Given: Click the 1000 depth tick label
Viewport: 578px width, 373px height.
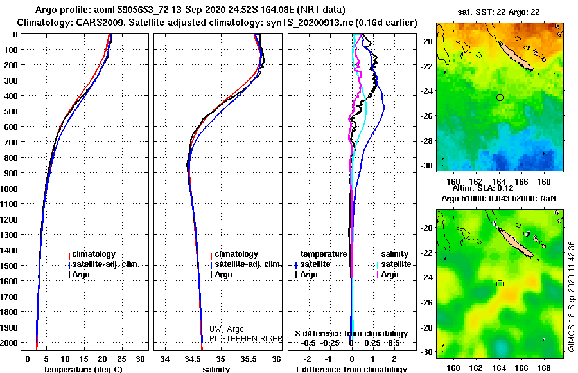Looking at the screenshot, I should [x=10, y=188].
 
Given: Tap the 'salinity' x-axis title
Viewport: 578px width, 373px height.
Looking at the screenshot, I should [x=216, y=370].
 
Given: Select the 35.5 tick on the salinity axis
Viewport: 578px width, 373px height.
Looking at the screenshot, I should [x=249, y=358].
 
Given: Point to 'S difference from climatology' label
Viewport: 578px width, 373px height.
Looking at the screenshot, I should [x=351, y=334].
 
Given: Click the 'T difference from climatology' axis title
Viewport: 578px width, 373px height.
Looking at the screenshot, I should [x=351, y=370].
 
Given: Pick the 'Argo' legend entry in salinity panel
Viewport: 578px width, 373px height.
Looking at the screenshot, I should [x=223, y=275].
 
